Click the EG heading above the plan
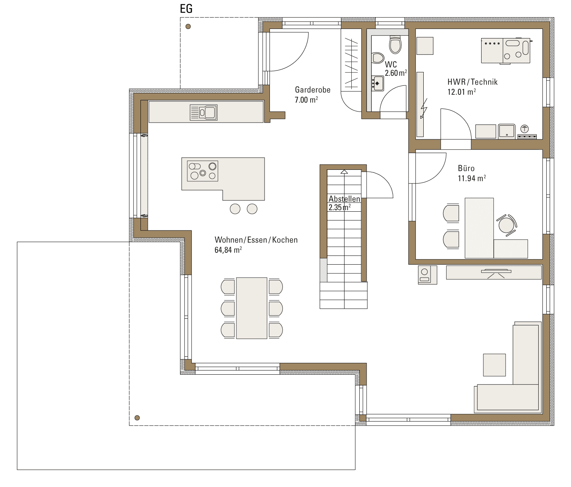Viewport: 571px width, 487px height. coord(186,9)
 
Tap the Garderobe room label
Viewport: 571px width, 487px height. coord(313,90)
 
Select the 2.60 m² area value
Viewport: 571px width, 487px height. coord(396,73)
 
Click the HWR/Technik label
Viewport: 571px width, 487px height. coord(472,82)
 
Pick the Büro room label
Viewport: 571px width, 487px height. coord(466,168)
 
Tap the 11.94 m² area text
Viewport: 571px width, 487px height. coord(472,178)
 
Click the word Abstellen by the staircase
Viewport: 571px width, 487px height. coord(344,199)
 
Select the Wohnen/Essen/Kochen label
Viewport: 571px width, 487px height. coord(256,240)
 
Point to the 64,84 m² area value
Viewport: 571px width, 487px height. coord(228,250)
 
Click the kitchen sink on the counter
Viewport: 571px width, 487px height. coord(204,112)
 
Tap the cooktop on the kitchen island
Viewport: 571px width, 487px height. coord(203,171)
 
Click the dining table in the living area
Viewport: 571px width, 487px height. coord(252,308)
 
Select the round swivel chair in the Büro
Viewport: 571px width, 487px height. coord(507,225)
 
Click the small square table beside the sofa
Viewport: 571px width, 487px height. coord(494,365)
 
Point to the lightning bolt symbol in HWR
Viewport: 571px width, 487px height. coord(423,109)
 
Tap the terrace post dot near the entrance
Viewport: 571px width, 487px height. coord(188,27)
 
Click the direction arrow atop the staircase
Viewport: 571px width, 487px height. coord(344,172)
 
